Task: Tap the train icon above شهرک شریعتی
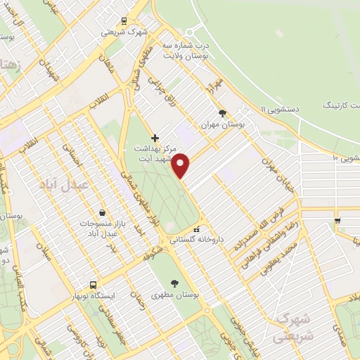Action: click(124, 21)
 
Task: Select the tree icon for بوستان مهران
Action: click(223, 112)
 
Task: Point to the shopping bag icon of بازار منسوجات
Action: click(103, 212)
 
